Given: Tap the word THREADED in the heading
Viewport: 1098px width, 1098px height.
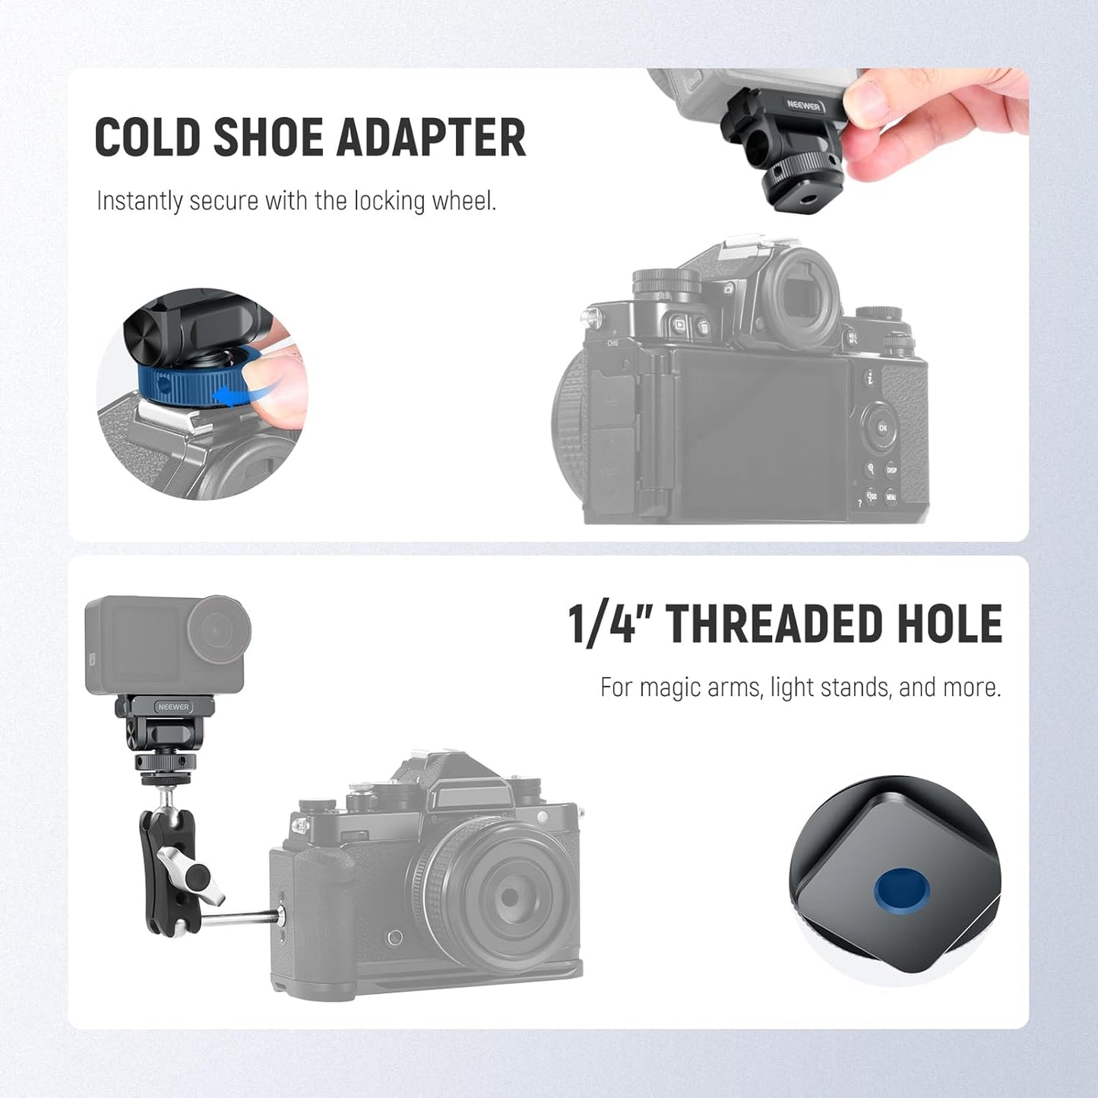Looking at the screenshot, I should click(x=773, y=625).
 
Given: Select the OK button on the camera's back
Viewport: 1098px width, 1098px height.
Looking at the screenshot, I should click(x=882, y=428).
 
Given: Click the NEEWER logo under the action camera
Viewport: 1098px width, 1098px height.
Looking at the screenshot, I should click(x=173, y=707).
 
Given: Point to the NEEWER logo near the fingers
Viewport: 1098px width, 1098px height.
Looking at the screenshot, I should click(x=804, y=106).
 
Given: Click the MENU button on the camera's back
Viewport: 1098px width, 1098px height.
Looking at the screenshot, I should click(x=891, y=498).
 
